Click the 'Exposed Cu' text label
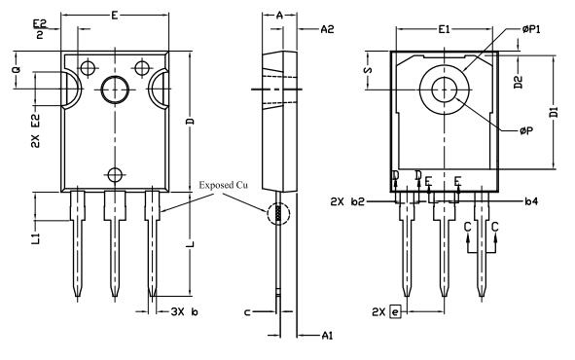click(x=223, y=185)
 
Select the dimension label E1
click(x=444, y=29)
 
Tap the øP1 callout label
click(x=531, y=29)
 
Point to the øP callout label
click(x=526, y=130)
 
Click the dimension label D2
click(x=518, y=82)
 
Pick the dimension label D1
click(x=554, y=113)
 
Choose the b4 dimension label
click(x=531, y=200)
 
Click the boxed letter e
click(x=395, y=312)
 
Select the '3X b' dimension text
click(x=185, y=312)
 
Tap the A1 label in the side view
click(x=327, y=335)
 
